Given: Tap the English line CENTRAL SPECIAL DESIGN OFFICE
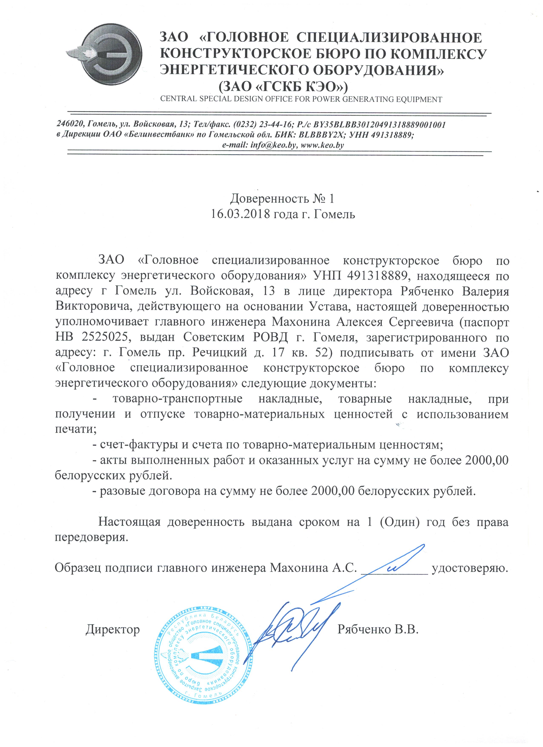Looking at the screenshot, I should pyautogui.click(x=301, y=99).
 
